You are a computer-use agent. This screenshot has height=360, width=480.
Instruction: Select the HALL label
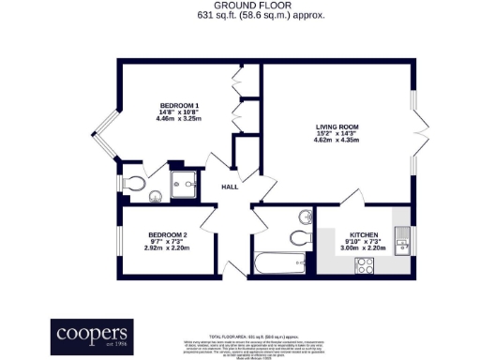click(x=230, y=187)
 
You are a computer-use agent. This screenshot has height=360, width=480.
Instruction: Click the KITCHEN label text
click(x=364, y=233)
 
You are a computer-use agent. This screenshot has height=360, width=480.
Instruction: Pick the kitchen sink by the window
click(x=401, y=243)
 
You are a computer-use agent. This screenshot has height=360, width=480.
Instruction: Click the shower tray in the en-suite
click(x=186, y=183)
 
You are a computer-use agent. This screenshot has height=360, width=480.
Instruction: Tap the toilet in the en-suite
click(x=134, y=181)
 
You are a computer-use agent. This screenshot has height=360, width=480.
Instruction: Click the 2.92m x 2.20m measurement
click(x=168, y=248)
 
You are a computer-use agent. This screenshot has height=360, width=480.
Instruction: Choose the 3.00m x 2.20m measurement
click(x=364, y=248)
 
